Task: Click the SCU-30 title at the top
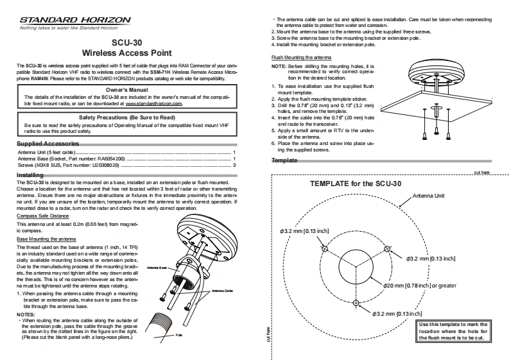coord(126,43)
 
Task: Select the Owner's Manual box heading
coord(126,90)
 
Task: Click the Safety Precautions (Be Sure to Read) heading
coord(126,118)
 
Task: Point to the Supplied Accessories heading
coord(47,142)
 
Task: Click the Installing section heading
coord(30,175)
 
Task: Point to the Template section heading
coord(284,160)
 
